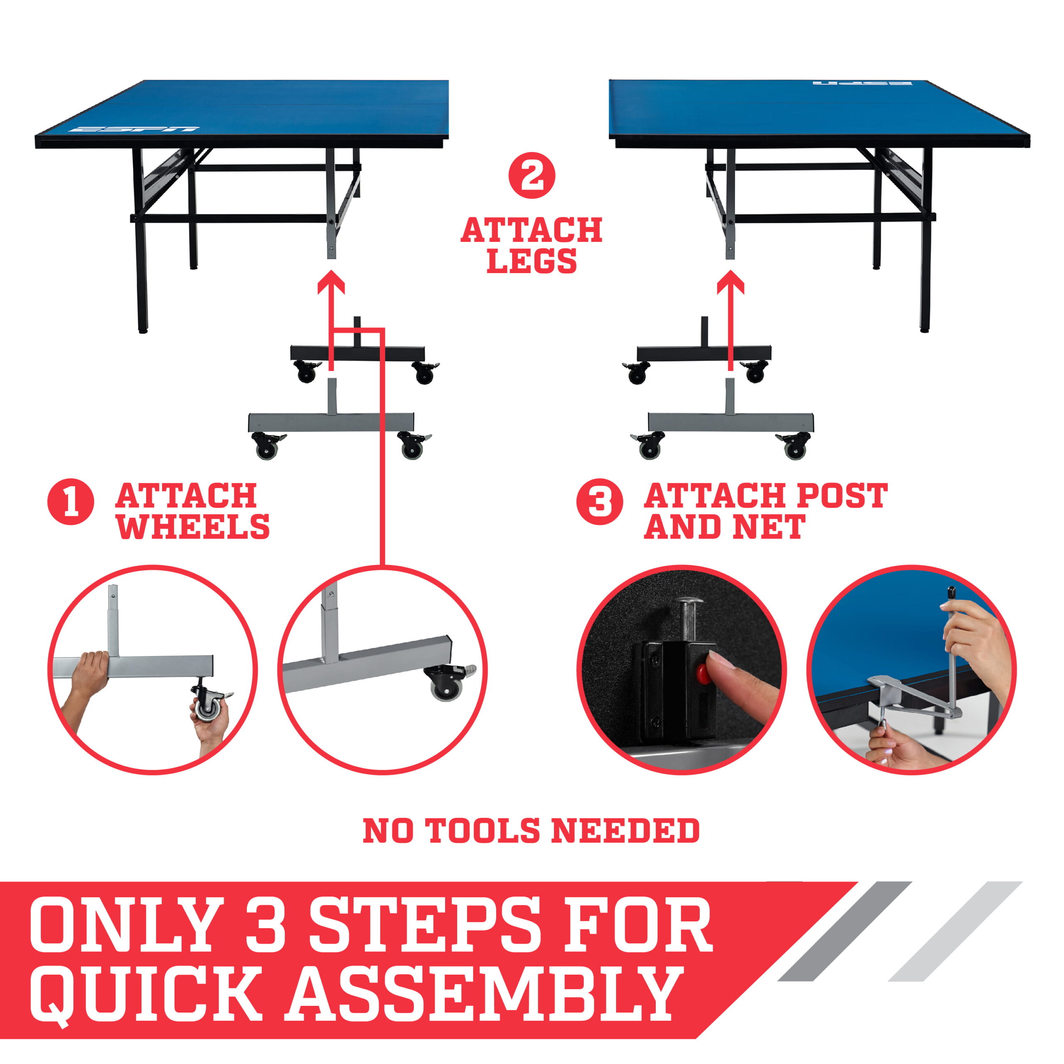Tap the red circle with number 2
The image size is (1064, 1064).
pyautogui.click(x=532, y=176)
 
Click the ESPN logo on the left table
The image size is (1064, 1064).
pyautogui.click(x=134, y=130)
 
